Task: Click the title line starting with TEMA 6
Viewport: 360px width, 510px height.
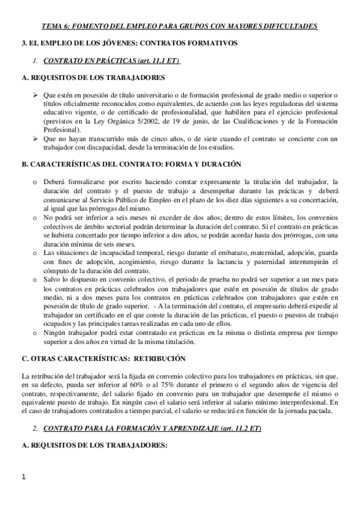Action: pyautogui.click(x=180, y=26)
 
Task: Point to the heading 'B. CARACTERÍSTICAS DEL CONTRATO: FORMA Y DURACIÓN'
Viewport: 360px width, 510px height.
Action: pyautogui.click(x=130, y=164)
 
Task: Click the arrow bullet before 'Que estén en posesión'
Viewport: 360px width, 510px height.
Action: pyautogui.click(x=35, y=94)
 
